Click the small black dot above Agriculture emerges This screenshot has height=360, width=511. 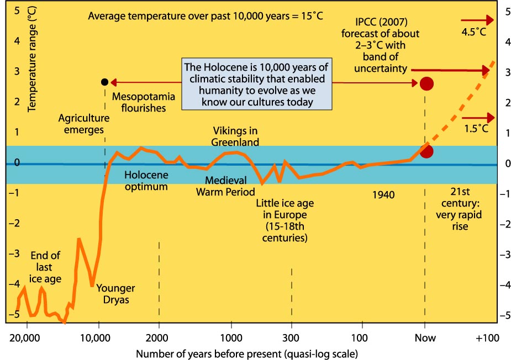[105, 82]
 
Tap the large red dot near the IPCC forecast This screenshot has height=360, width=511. [426, 83]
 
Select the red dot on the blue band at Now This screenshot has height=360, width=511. [426, 151]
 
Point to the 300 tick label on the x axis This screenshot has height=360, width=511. [291, 338]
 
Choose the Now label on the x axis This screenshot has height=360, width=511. [424, 338]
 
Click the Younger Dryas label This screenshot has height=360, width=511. [115, 294]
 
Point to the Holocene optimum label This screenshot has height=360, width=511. [146, 181]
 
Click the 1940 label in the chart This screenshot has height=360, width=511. [384, 194]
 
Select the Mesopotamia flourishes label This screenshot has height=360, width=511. [144, 103]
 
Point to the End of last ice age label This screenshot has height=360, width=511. [45, 267]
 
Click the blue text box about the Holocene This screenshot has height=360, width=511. [256, 84]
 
